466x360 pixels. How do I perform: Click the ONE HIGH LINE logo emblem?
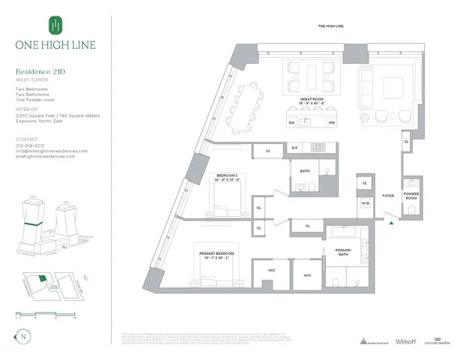pos(53,25)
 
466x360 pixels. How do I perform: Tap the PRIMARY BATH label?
pos(344,253)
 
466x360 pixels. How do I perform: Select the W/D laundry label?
pos(365,202)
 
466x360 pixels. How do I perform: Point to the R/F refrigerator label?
pos(295,149)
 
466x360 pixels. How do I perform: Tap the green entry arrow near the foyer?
pos(390,220)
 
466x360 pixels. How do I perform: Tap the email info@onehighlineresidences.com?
pos(51,151)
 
